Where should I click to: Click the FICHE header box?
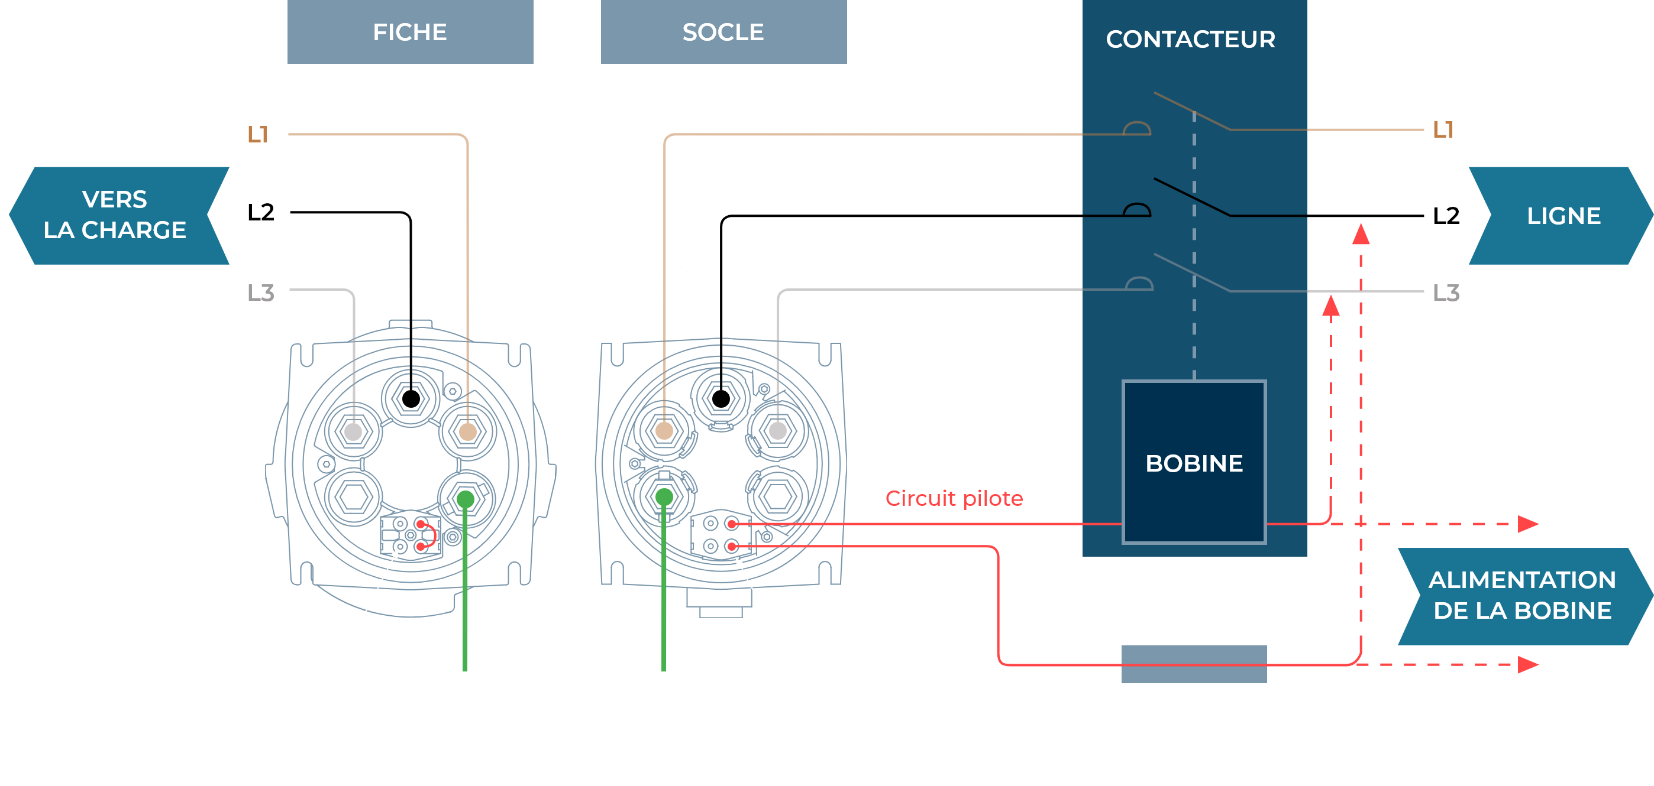[411, 31]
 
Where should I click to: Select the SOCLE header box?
[723, 31]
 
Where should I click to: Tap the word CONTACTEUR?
[1190, 39]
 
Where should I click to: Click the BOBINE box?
[1194, 462]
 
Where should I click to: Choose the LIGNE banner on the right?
[1561, 216]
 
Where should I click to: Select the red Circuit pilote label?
[954, 499]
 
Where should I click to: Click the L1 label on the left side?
[258, 134]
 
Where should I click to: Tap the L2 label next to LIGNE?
[1446, 216]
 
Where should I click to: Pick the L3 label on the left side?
[261, 293]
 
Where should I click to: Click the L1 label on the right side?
[1443, 130]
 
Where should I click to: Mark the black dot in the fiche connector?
[411, 399]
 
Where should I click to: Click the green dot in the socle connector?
[664, 496]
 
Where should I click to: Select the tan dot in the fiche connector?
[468, 432]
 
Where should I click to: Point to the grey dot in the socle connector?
[777, 431]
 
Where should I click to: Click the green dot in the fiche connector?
[466, 499]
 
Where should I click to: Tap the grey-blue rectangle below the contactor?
[1194, 664]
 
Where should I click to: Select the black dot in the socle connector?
[721, 399]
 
